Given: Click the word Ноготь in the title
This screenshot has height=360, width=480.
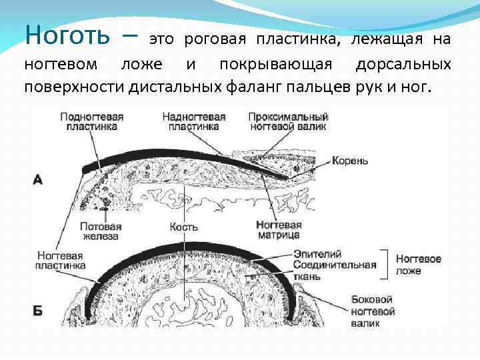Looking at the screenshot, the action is pyautogui.click(x=67, y=33).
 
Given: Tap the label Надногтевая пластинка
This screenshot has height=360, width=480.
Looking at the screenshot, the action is pyautogui.click(x=194, y=121).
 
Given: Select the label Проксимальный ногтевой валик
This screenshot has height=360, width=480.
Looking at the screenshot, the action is pyautogui.click(x=287, y=121).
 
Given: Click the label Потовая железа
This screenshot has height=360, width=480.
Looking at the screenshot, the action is pyautogui.click(x=99, y=231).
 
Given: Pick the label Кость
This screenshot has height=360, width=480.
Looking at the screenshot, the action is pyautogui.click(x=183, y=227).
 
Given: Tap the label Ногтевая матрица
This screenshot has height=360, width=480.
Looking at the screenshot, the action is pyautogui.click(x=278, y=230).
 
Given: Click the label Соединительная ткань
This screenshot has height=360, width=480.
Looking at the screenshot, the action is pyautogui.click(x=334, y=270).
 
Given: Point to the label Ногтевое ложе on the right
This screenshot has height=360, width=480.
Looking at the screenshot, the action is pyautogui.click(x=418, y=264).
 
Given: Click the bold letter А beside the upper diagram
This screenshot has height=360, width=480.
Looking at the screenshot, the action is pyautogui.click(x=38, y=179).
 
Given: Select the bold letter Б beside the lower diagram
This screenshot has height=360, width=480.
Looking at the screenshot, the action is pyautogui.click(x=38, y=311).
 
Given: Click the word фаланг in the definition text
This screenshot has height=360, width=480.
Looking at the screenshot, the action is pyautogui.click(x=255, y=87).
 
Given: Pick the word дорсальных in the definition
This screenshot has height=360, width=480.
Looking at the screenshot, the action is pyautogui.click(x=403, y=65).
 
